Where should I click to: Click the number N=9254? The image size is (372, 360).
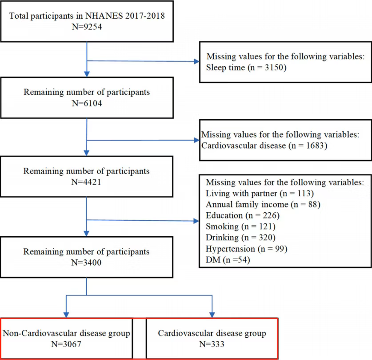coord(87,27)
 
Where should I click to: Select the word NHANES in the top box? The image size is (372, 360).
coord(104,16)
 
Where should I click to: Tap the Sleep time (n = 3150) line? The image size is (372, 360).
coord(246,68)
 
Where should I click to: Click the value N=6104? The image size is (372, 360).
coord(87,103)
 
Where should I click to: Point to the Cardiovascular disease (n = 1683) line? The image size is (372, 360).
coord(264,146)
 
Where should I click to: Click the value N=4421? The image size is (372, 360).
coord(86,182)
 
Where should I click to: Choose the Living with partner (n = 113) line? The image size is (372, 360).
coord(260,194)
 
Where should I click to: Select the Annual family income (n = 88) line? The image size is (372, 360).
coord(263,204)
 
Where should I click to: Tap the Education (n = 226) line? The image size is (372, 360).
coord(243,216)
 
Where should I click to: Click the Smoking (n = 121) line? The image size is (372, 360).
coord(240,227)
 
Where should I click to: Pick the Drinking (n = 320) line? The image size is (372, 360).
coord(240,238)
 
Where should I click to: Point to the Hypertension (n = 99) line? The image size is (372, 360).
coord(247,249)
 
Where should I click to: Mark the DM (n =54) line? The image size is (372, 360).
coord(228,260)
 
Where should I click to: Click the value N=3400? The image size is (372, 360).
coord(86,263)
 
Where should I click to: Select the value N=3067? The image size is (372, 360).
coord(66,344)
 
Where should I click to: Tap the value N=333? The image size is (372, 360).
coord(212,344)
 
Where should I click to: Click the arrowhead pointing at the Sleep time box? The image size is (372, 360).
coord(196,61)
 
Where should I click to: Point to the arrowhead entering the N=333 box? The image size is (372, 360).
coord(212,315)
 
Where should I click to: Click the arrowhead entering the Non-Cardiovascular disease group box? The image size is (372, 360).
coord(66,315)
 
